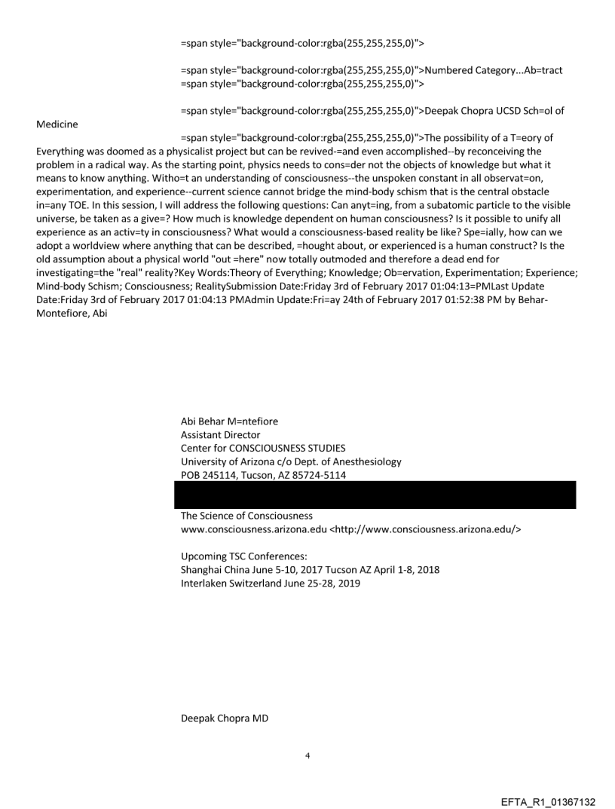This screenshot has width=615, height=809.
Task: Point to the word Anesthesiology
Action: [365, 461]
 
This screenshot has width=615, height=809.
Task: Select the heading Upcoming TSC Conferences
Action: [238, 556]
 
